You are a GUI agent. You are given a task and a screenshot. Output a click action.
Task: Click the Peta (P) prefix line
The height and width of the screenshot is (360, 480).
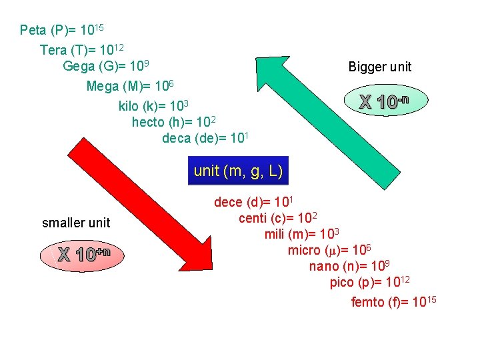click(x=61, y=30)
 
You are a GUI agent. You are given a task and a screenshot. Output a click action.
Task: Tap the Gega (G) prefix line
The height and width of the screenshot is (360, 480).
click(x=105, y=67)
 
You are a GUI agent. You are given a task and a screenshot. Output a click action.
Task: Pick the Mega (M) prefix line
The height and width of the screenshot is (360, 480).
click(x=130, y=87)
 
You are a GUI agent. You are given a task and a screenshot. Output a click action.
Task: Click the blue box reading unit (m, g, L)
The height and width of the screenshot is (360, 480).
click(x=239, y=171)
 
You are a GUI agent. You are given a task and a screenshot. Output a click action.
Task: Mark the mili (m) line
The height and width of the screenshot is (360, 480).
click(x=302, y=234)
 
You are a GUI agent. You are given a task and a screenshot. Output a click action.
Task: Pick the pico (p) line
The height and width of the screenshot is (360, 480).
click(x=369, y=283)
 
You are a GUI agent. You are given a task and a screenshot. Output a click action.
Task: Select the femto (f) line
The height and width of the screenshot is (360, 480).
click(x=393, y=302)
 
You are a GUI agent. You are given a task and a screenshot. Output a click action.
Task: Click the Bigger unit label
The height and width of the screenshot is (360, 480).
click(x=380, y=67)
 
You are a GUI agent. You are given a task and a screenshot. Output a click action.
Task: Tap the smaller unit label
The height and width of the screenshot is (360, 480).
click(x=76, y=223)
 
